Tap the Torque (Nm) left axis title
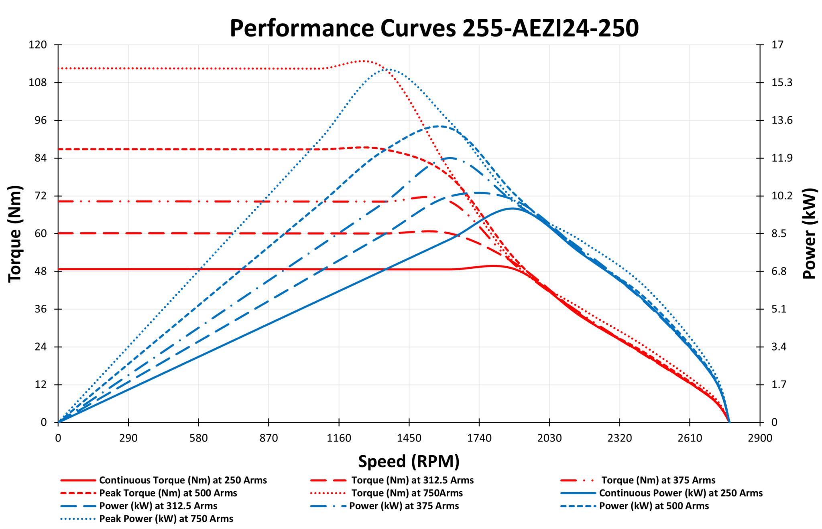15,233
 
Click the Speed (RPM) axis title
409,461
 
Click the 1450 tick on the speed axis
409,438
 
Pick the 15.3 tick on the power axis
782,83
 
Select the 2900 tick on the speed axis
760,438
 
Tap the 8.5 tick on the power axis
779,233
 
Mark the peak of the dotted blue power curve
387,69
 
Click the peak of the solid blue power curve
512,208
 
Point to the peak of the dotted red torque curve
363,61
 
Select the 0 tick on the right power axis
774,422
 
